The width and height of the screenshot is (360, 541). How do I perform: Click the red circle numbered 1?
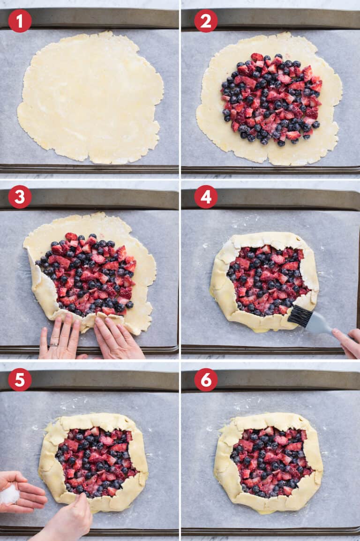(x=20, y=21)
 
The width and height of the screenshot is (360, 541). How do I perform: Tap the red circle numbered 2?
(x=206, y=21)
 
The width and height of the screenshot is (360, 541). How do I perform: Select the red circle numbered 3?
(x=20, y=197)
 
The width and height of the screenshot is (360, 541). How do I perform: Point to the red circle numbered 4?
(x=206, y=197)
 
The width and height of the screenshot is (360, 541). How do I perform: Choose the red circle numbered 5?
(x=20, y=379)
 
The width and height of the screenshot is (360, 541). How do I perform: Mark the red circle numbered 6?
(x=206, y=379)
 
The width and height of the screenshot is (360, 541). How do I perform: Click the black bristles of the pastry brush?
(x=300, y=316)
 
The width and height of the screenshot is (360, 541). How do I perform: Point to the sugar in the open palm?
(x=9, y=495)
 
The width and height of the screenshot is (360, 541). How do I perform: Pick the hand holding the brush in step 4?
(x=348, y=342)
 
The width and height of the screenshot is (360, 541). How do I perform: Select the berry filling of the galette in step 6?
(x=270, y=461)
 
